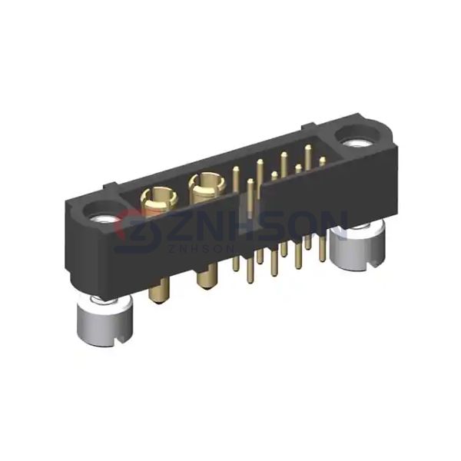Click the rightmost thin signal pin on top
(x=323, y=160)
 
